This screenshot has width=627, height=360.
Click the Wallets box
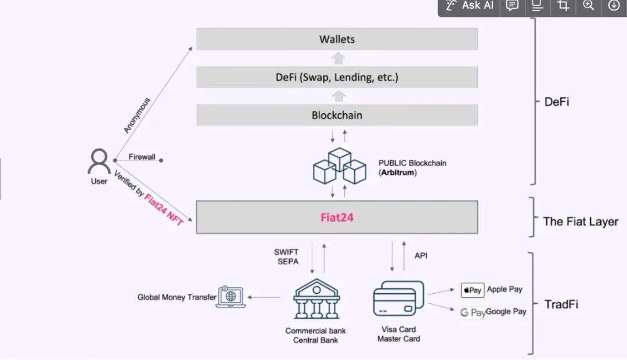[337, 39]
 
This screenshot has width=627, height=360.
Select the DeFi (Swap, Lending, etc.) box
[337, 77]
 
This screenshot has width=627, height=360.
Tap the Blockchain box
[337, 115]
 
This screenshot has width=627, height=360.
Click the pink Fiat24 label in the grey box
[337, 218]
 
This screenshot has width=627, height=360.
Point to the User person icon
[99, 162]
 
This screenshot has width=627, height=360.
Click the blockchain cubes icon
[339, 166]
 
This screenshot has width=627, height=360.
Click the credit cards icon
[398, 299]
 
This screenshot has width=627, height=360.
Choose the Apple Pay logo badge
[472, 290]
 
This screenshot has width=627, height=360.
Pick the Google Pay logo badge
[473, 312]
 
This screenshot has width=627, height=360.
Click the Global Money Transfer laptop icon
[230, 297]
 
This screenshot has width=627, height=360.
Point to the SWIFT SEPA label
[286, 257]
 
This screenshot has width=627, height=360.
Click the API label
[421, 255]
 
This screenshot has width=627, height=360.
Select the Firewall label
[142, 157]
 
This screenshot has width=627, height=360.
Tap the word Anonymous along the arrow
[137, 116]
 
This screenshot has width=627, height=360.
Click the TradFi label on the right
[561, 304]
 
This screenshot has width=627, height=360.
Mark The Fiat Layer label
[580, 221]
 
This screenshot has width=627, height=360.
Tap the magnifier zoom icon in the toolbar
[588, 6]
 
